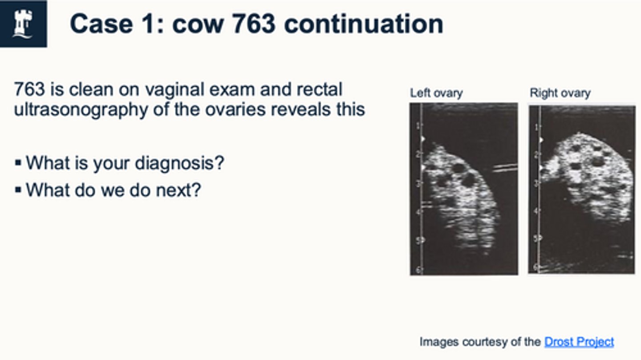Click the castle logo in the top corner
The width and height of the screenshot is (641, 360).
(x=23, y=24)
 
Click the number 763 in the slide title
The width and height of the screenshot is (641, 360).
(x=254, y=24)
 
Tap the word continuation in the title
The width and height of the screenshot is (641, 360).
(x=363, y=24)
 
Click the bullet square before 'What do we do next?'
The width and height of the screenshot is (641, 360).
(x=18, y=190)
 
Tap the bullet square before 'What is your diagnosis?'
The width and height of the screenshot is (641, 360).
(x=18, y=162)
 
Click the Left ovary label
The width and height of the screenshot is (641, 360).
(x=436, y=93)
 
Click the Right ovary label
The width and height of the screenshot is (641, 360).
(x=560, y=93)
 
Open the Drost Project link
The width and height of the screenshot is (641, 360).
(x=579, y=342)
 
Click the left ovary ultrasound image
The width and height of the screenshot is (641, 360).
(x=463, y=189)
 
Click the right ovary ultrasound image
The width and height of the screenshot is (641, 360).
(x=582, y=189)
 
